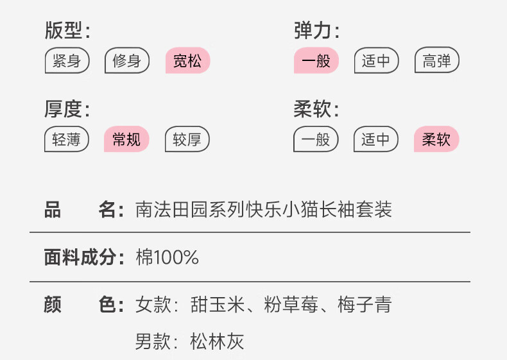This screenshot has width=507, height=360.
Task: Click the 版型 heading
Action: (x=67, y=31)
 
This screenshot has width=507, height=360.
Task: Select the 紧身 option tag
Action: (x=67, y=61)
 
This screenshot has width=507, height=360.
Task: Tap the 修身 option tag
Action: (x=126, y=61)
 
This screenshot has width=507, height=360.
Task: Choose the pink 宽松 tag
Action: (x=187, y=61)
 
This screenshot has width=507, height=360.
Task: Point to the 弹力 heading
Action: (x=316, y=31)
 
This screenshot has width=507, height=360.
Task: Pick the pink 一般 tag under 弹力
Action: (x=316, y=61)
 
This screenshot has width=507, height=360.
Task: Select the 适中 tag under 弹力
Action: (x=376, y=61)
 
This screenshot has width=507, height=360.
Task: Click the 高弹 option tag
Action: (x=437, y=61)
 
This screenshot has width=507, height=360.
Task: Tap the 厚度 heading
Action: (x=67, y=109)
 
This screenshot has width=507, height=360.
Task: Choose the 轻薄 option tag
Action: (x=67, y=139)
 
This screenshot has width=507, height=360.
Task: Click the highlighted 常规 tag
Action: (x=126, y=139)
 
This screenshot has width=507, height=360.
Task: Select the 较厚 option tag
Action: (x=187, y=139)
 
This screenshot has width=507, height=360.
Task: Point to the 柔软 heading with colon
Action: (x=316, y=109)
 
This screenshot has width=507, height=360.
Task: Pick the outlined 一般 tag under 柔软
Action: (x=316, y=139)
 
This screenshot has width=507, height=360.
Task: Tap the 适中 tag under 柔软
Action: (x=376, y=139)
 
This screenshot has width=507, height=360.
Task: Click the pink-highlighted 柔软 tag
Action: (x=437, y=139)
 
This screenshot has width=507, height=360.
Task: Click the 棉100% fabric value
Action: (x=168, y=257)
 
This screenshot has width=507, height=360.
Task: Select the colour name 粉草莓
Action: (x=291, y=305)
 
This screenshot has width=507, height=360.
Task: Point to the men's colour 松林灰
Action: (x=218, y=341)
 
